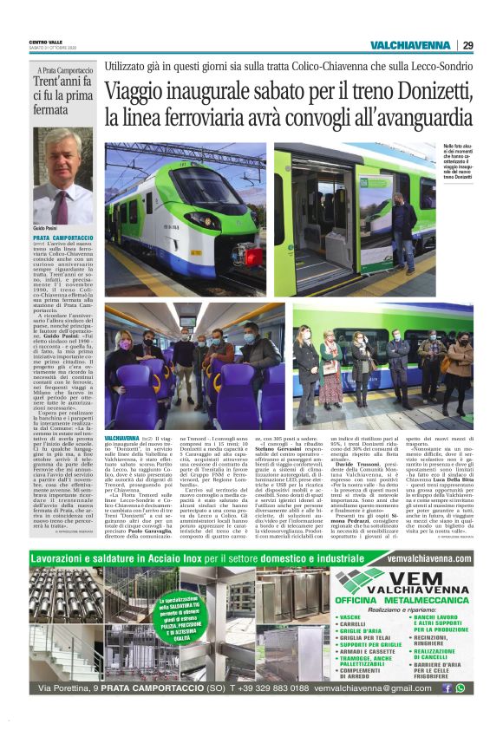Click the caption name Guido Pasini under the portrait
[46, 226]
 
